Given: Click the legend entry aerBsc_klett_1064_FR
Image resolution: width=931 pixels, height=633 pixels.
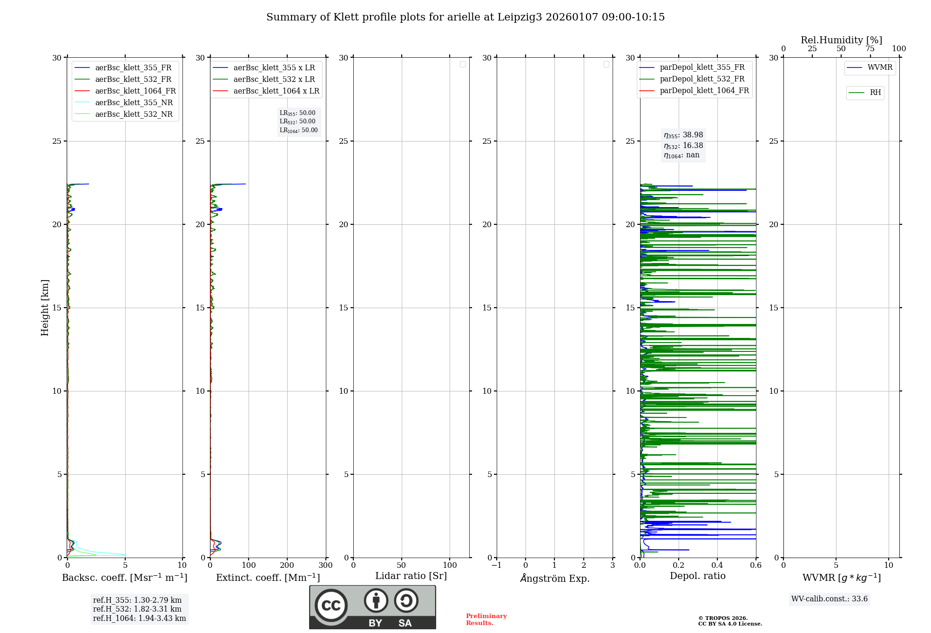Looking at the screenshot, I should (x=135, y=91).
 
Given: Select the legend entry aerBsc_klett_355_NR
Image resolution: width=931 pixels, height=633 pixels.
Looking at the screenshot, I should (x=134, y=103).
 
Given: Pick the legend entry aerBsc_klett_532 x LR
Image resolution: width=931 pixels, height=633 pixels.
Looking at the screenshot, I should (x=274, y=80).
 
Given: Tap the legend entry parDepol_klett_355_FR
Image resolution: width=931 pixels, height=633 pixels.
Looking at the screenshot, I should (x=702, y=67).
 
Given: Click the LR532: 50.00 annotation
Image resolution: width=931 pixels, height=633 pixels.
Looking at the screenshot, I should (x=297, y=121).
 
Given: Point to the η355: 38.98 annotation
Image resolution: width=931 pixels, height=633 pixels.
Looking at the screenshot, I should (x=683, y=135).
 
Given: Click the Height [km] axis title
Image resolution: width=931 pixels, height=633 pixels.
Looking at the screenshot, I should (x=45, y=308).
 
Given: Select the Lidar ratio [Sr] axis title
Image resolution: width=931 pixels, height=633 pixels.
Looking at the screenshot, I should (x=411, y=576).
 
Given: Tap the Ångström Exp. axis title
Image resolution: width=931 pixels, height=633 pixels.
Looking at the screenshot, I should (x=555, y=578).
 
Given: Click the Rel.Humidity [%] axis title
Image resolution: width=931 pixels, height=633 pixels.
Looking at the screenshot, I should (x=841, y=40).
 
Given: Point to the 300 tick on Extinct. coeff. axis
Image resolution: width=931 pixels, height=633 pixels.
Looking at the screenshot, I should (x=326, y=566).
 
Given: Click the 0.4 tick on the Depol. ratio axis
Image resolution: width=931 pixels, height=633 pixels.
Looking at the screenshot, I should (x=717, y=566).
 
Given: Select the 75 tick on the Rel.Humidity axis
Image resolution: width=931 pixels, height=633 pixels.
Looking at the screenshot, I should (x=870, y=49).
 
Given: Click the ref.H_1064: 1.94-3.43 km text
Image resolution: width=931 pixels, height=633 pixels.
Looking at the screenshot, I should (x=139, y=619).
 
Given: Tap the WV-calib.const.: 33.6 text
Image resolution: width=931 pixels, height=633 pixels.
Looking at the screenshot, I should (x=830, y=599).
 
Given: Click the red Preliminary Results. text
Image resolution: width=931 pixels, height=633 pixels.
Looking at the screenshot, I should (x=486, y=620).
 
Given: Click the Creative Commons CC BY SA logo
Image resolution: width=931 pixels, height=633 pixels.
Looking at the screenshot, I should (x=372, y=607).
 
